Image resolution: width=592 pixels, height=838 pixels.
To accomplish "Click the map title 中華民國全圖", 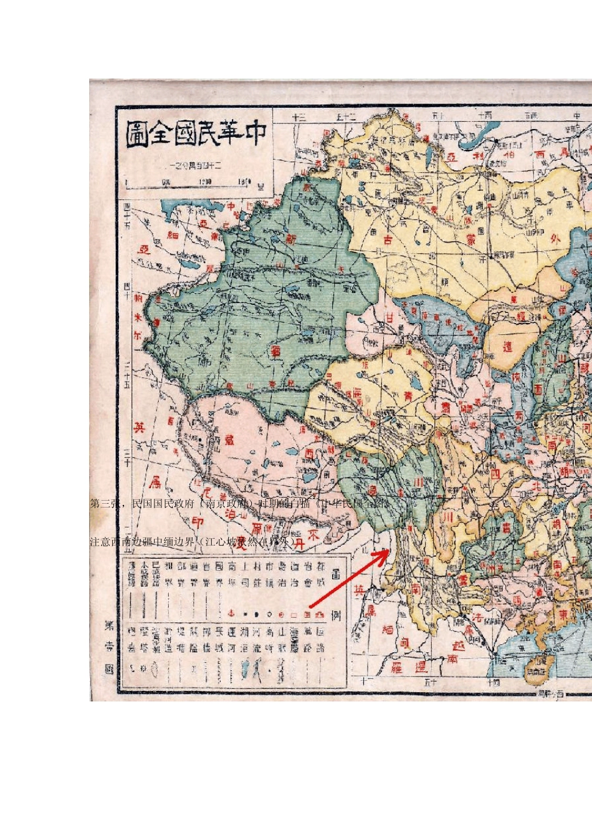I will [x=196, y=134].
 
